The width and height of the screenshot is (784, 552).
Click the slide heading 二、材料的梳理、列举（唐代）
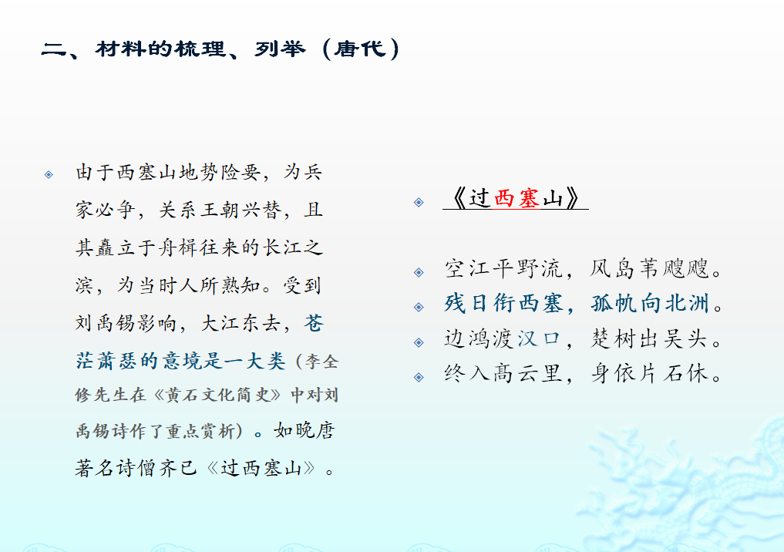pyautogui.click(x=220, y=49)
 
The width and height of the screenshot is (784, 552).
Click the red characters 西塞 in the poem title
pyautogui.click(x=516, y=198)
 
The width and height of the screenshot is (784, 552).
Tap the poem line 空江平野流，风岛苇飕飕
pyautogui.click(x=584, y=268)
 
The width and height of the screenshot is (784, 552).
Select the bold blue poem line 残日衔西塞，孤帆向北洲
pyautogui.click(x=584, y=304)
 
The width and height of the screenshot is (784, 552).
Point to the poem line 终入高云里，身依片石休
pyautogui.click(x=584, y=373)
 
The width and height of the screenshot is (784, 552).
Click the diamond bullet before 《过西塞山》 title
pyautogui.click(x=419, y=202)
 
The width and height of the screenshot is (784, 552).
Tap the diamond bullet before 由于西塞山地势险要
pyautogui.click(x=49, y=174)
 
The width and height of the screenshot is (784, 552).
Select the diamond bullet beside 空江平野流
pyautogui.click(x=419, y=272)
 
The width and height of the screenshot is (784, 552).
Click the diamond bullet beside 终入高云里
pyautogui.click(x=419, y=377)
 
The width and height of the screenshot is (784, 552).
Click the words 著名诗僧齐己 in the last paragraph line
pyautogui.click(x=136, y=468)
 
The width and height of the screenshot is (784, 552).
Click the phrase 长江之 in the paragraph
pyautogui.click(x=293, y=247)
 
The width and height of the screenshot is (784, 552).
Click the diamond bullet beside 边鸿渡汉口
pyautogui.click(x=419, y=342)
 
